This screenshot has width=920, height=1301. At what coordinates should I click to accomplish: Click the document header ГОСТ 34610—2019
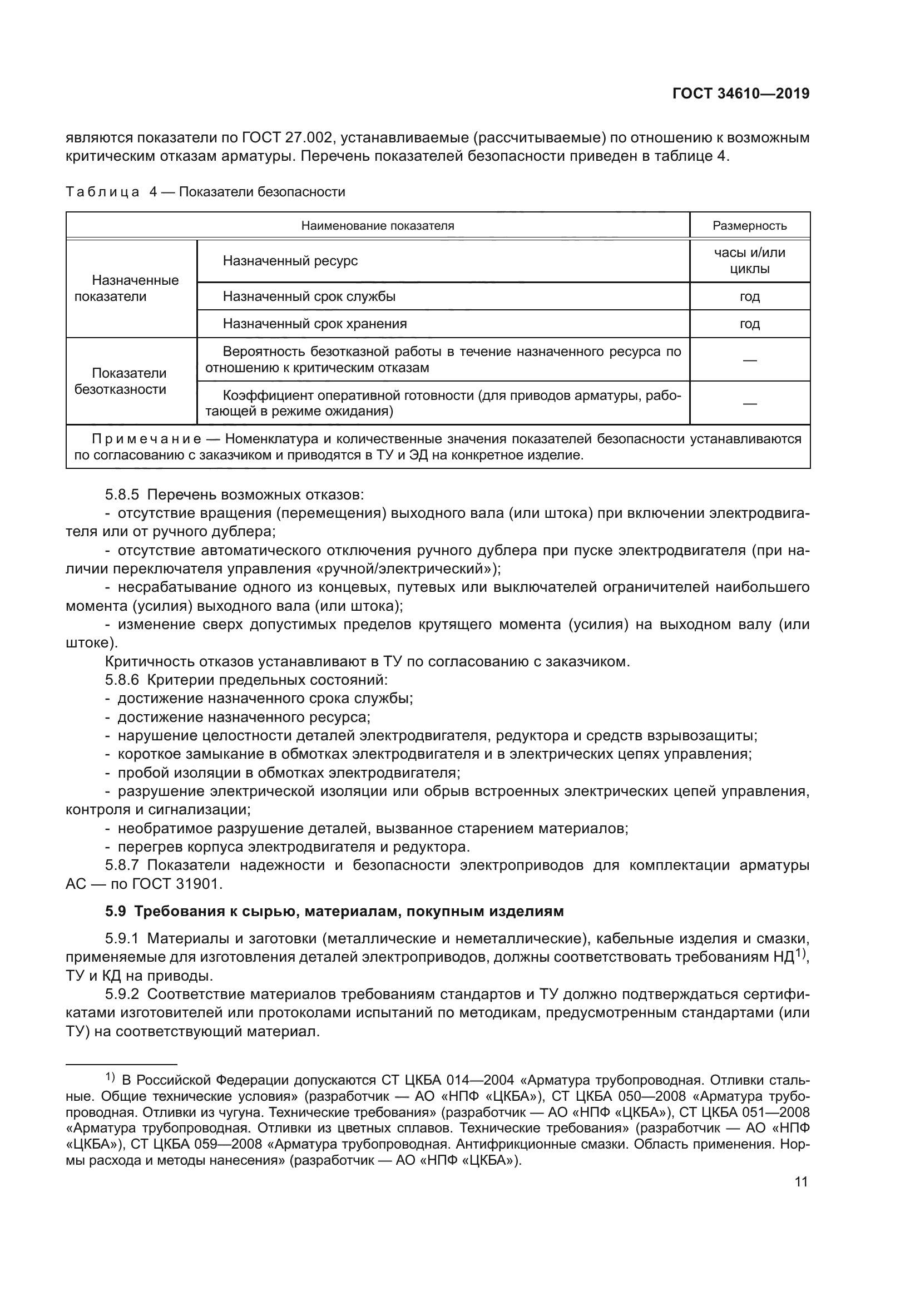tap(740, 94)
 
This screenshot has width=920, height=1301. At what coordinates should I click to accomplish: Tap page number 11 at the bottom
tap(801, 1181)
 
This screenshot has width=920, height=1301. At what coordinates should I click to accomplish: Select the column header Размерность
tap(749, 226)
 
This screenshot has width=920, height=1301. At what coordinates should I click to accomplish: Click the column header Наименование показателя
tap(377, 226)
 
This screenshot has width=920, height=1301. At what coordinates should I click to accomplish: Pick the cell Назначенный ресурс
tap(290, 261)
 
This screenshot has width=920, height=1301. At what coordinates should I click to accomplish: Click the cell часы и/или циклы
tap(749, 261)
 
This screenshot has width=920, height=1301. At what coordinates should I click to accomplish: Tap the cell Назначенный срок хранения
tap(314, 324)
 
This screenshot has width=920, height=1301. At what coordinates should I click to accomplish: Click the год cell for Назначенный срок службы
tap(749, 296)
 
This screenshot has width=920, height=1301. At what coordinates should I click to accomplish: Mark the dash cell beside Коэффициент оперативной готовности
tap(749, 403)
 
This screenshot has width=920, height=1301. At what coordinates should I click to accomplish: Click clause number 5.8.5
tap(122, 494)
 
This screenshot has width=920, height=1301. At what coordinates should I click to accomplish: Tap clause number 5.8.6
tap(122, 680)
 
